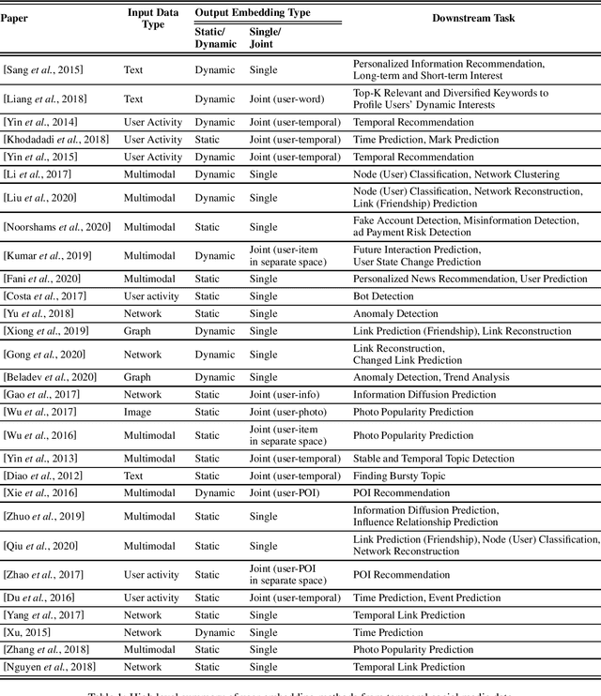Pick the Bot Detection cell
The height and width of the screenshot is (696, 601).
click(382, 296)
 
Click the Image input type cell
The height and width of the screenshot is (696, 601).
click(137, 412)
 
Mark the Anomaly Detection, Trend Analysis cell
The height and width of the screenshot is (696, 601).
click(431, 377)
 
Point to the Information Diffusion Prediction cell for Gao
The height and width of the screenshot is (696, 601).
click(424, 395)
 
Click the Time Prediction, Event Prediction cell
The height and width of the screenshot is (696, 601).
click(426, 598)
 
